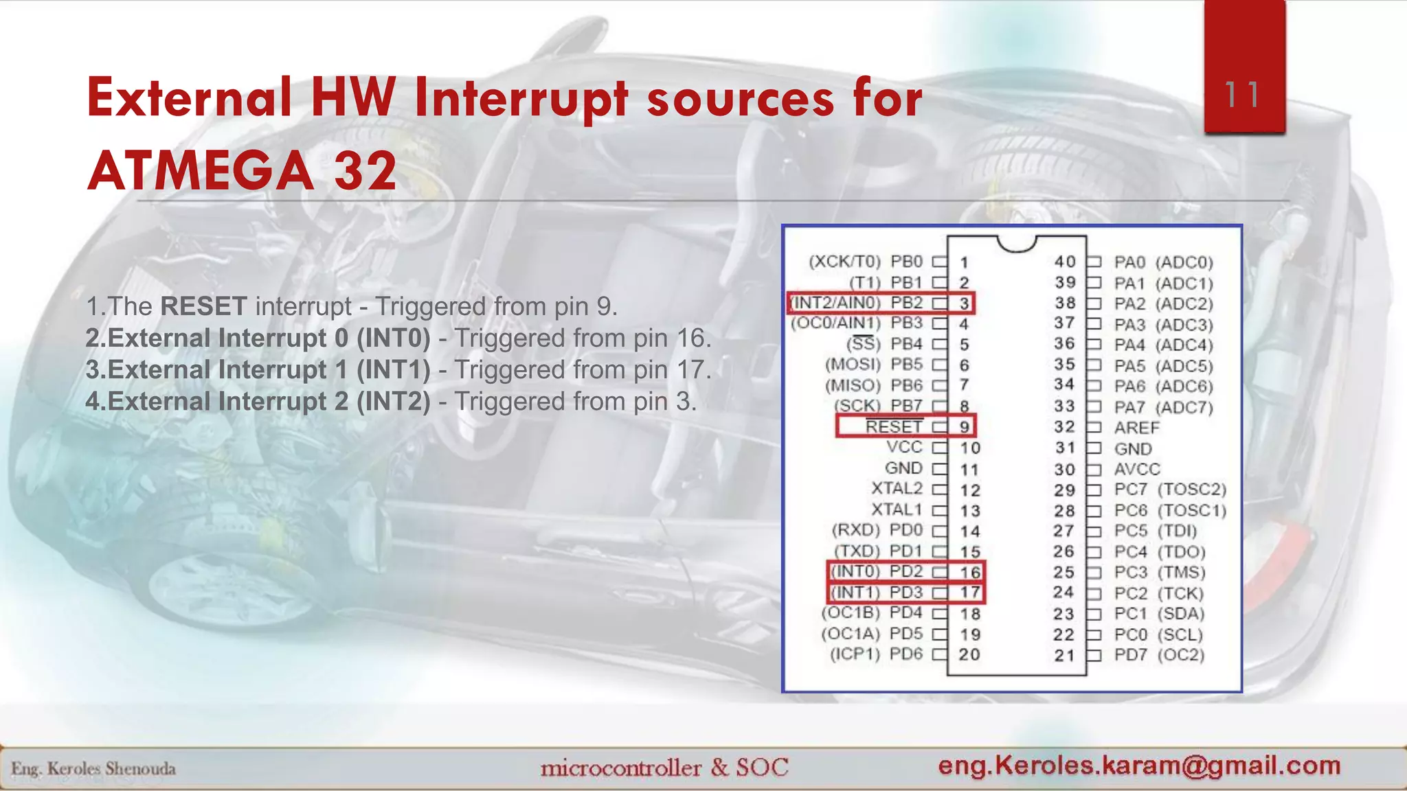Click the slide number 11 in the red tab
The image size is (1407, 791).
pos(1243,95)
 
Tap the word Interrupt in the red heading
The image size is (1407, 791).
pos(521,98)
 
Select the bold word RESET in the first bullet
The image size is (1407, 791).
pos(203,306)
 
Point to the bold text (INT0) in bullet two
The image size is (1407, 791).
pos(393,338)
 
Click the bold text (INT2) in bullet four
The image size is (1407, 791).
pos(393,401)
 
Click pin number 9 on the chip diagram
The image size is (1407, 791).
pos(965,427)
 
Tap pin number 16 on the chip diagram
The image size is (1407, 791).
pos(970,572)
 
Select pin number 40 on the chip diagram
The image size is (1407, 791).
pos(1065,262)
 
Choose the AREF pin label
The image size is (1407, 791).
pos(1136,428)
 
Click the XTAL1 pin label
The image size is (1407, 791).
pos(897,509)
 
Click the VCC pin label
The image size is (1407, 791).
pos(904,447)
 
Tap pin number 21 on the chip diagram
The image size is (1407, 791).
pos(1064,655)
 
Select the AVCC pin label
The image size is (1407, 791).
pos(1137,469)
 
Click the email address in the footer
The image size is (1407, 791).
pos(1139,765)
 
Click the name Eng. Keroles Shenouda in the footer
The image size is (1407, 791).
pos(93,768)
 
